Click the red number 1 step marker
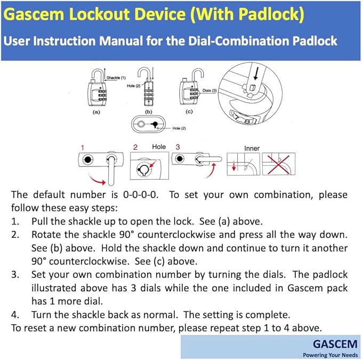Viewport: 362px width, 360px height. (83, 147)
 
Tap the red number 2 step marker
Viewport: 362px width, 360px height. (135, 147)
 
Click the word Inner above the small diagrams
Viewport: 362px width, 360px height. (252, 148)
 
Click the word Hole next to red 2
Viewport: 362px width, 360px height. (159, 147)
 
